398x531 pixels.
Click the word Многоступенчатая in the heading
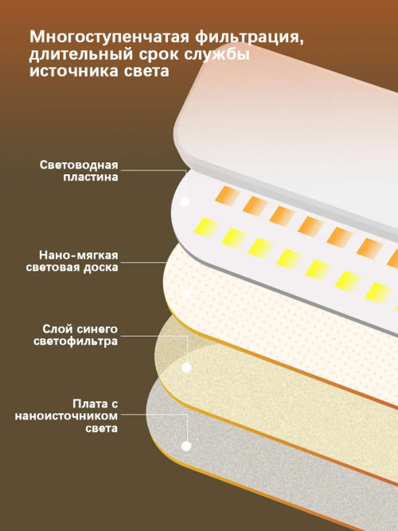pos(109,37)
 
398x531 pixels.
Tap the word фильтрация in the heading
pos(249,37)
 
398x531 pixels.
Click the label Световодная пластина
pos(79,171)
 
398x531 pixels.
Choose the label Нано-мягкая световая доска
pos(72,261)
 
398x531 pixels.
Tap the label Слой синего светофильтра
pos(76,335)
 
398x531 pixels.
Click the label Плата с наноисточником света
pos(66,416)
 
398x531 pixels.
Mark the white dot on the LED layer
pos(185,202)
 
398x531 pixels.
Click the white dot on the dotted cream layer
pos(186,294)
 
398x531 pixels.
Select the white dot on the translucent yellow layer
pos(186,368)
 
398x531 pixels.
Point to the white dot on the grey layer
pos(186,446)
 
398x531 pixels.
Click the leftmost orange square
pos(228,196)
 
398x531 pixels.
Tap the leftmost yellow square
pos(206,228)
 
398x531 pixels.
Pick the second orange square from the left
pos(255,206)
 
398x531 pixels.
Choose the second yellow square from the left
pos(234,238)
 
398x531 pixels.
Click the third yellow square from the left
pos(260,248)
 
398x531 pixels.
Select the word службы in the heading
pos(217,54)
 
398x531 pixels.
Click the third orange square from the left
pos(282,216)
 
